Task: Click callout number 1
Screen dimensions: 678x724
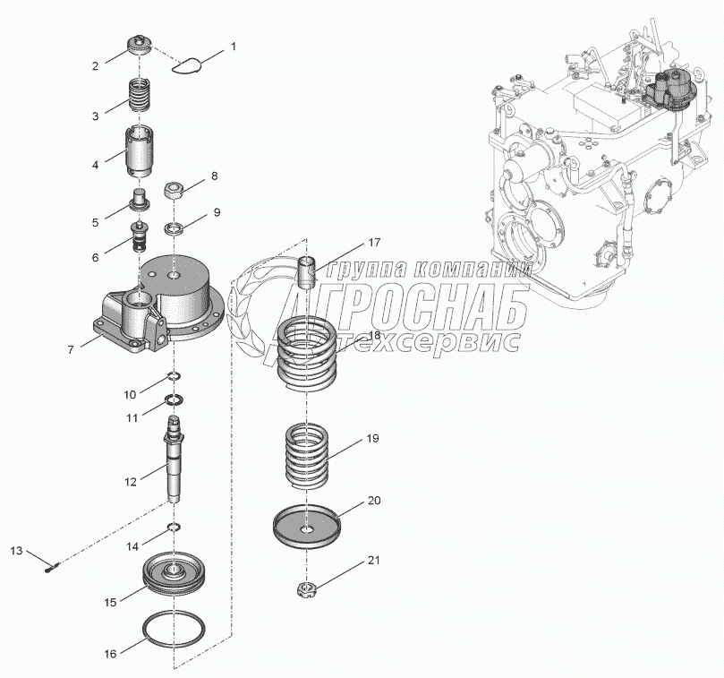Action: pyautogui.click(x=234, y=45)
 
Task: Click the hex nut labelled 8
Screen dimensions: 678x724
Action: pyautogui.click(x=175, y=190)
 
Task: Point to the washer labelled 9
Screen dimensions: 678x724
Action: pyautogui.click(x=175, y=225)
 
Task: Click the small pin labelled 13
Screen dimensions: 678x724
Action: pyautogui.click(x=52, y=563)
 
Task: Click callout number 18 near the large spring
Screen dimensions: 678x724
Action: pyautogui.click(x=373, y=336)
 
